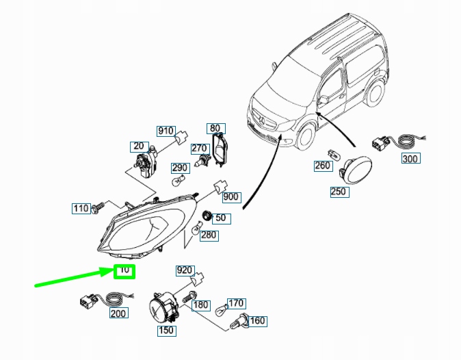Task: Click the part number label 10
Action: point(124,270)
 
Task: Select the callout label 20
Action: point(140,146)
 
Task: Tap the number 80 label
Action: point(215,128)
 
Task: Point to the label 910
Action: point(166,131)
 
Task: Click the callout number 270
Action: point(199,149)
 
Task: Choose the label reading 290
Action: point(179,168)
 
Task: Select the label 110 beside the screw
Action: point(81,208)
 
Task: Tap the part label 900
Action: point(231,197)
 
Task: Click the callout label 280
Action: point(209,235)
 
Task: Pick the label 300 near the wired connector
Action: point(409,159)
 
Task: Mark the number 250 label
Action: point(339,192)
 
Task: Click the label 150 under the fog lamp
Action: point(167,331)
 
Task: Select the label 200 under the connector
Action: point(118,313)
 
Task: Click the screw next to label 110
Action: point(99,205)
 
